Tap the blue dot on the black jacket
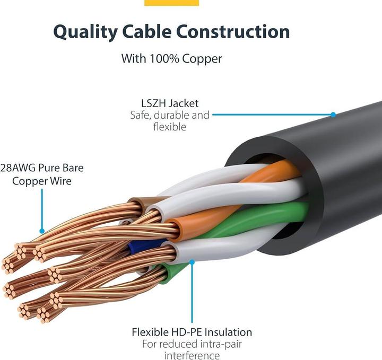[x=333, y=115]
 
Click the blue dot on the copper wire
[x=42, y=231]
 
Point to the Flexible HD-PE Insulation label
[x=192, y=332]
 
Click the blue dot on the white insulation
[x=192, y=261]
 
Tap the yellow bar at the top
[x=171, y=3]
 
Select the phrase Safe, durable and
[x=170, y=115]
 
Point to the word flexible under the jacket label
[x=170, y=127]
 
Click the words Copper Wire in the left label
[x=42, y=181]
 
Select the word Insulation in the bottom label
[x=227, y=332]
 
